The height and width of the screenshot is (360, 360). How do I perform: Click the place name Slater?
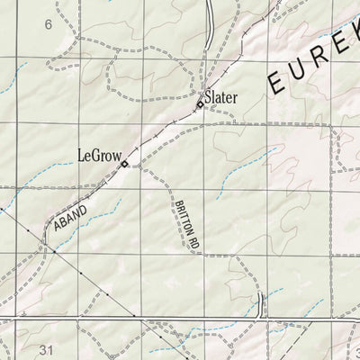pyautogui.click(x=221, y=94)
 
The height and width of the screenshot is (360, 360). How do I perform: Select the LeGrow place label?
pyautogui.click(x=96, y=154)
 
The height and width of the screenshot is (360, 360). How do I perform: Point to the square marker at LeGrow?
pyautogui.click(x=126, y=164)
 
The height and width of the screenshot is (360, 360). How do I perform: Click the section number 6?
pyautogui.click(x=48, y=24)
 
